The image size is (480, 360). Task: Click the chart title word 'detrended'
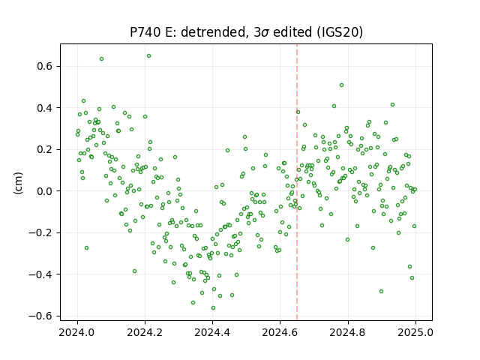(x=214, y=32)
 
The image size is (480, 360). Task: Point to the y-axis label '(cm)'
(x=18, y=183)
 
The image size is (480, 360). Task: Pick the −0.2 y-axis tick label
(x=41, y=232)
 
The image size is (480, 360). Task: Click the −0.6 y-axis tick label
(x=41, y=316)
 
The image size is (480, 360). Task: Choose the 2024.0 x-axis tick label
(x=77, y=332)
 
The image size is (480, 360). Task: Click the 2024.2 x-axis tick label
(x=145, y=332)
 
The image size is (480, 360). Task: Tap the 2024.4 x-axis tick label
(x=212, y=332)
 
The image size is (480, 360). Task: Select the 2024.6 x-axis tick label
(x=280, y=332)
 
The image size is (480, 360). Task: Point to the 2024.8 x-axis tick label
(x=347, y=332)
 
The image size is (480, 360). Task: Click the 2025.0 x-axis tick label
(x=415, y=332)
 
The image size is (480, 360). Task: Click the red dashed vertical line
(x=297, y=182)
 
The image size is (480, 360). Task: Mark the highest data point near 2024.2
(x=148, y=56)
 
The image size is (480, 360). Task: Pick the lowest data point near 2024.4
(x=213, y=308)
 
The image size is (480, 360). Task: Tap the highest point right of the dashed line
(x=342, y=85)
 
